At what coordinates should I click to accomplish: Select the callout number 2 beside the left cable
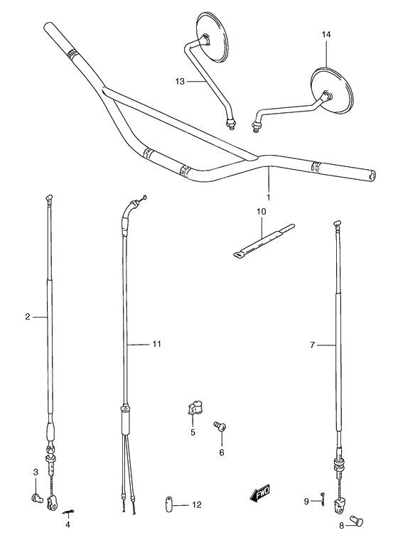coord(27,316)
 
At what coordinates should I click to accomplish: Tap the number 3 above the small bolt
coord(35,473)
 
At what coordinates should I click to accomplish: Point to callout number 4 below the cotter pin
coord(68,525)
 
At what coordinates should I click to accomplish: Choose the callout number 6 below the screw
coord(221,452)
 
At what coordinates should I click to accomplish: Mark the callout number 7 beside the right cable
coord(312,345)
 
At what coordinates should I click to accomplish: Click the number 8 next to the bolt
coord(341,526)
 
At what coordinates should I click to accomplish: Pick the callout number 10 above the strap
coord(260,212)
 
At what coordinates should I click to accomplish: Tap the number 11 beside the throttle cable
coord(156,344)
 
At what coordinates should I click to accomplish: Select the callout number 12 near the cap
coord(197,505)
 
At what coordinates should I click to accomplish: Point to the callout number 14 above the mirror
coord(326,34)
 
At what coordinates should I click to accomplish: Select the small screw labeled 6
coord(220,427)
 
